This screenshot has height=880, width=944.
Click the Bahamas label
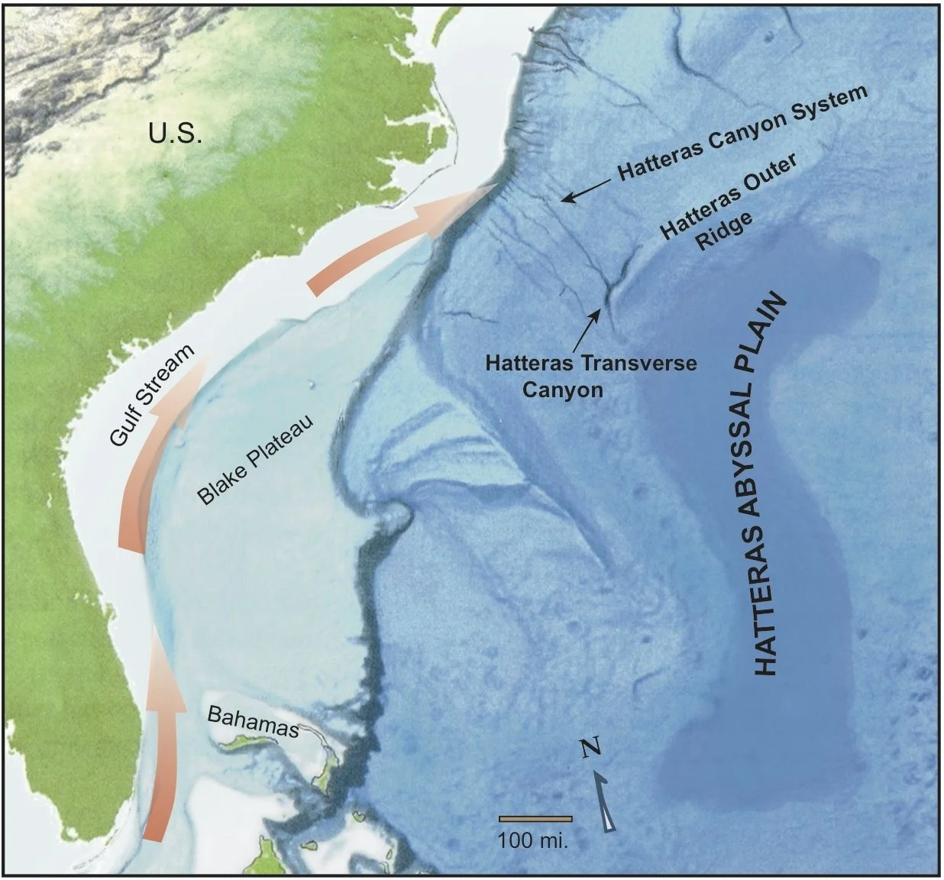252,722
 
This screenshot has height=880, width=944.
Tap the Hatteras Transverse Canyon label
590,375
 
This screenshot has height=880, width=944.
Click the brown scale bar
535,818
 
